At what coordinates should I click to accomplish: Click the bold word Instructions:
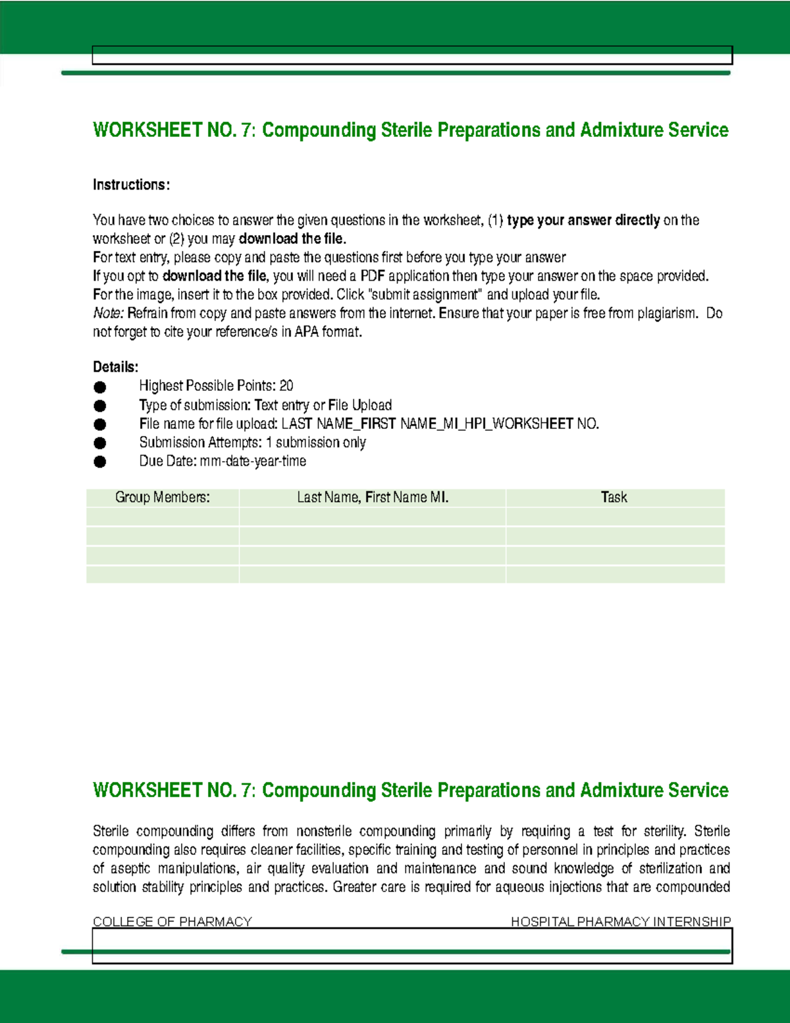131,185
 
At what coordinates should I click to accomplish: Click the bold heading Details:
115,367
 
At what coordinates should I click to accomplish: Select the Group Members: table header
162,497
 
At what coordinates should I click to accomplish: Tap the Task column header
614,497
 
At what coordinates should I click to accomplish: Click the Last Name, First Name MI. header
373,497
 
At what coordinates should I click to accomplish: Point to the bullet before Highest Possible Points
100,387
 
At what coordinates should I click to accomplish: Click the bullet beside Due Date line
100,462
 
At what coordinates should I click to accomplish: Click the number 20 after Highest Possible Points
286,386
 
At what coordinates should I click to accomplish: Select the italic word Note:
108,314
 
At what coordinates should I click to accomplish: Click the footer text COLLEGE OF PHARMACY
172,922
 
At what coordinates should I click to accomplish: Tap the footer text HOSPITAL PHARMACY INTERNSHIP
620,922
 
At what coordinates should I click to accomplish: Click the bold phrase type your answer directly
583,220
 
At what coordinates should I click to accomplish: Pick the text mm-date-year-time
253,461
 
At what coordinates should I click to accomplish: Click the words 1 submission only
316,443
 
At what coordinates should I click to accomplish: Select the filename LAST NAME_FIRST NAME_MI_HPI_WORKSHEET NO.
440,424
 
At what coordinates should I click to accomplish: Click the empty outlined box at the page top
412,55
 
